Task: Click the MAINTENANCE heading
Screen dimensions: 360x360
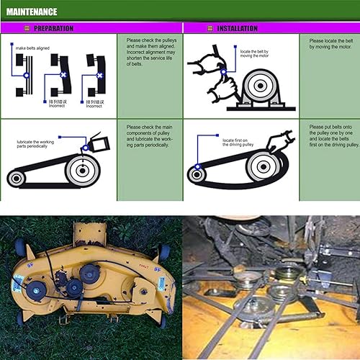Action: (x=32, y=11)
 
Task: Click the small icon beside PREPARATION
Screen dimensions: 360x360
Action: (x=29, y=28)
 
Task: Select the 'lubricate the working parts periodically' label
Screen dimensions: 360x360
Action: (x=40, y=145)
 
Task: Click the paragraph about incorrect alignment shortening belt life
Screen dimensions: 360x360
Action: (x=150, y=52)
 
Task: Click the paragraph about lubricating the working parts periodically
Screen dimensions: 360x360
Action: (x=150, y=135)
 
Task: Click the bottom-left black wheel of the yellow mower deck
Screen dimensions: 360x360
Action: (x=19, y=317)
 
